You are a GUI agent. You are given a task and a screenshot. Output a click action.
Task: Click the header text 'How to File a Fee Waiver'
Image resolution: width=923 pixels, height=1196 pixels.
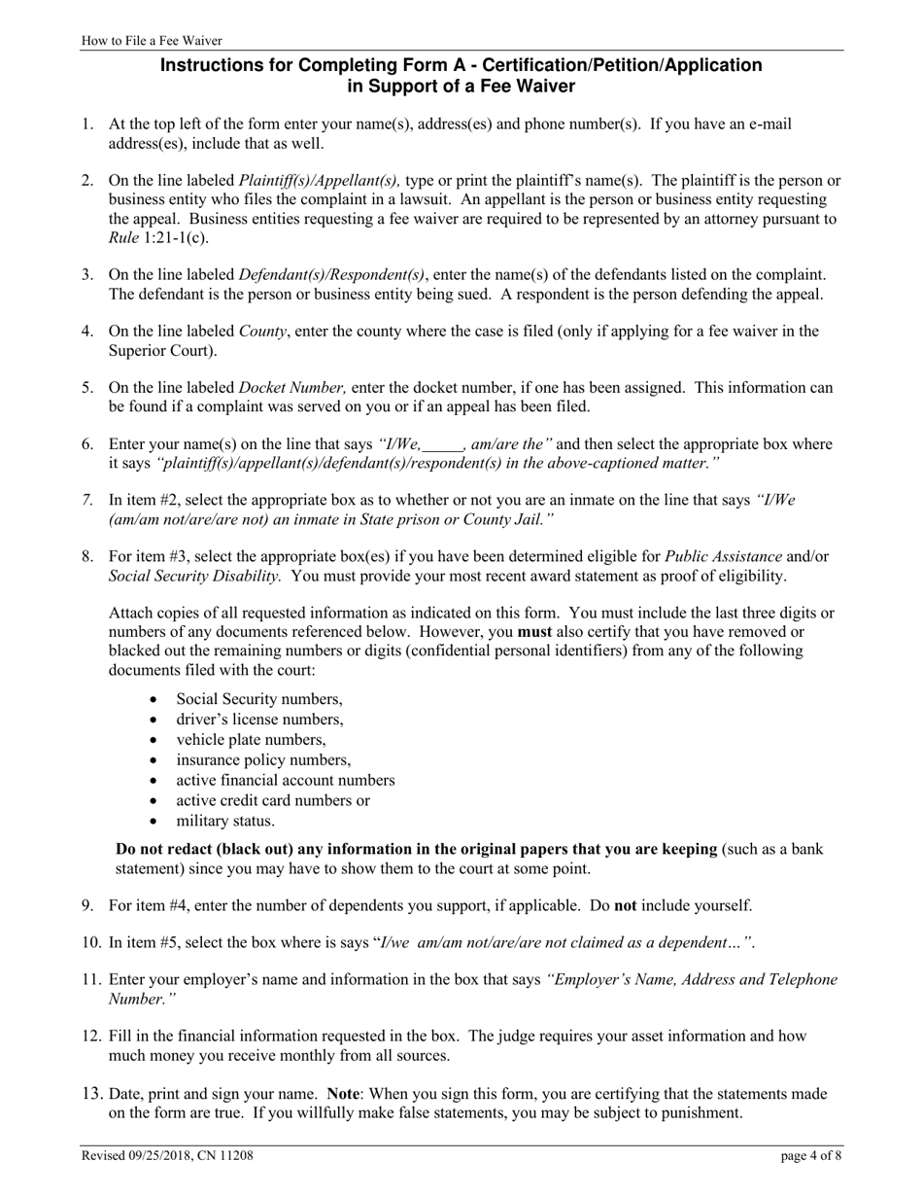point(152,41)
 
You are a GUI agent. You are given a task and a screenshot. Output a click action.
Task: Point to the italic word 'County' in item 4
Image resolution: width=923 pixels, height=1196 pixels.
point(262,332)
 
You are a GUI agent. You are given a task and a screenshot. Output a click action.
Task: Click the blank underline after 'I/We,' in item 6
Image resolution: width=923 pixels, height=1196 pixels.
point(444,445)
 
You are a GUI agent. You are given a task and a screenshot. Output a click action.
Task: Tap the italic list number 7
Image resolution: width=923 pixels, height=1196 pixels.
point(87,501)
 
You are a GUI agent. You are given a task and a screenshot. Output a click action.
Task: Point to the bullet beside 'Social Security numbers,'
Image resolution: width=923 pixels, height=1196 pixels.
point(154,699)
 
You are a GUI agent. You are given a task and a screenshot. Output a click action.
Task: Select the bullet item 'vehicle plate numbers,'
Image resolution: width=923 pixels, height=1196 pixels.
point(251,740)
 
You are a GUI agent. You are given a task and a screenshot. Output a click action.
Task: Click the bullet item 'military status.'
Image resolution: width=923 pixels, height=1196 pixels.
point(225,821)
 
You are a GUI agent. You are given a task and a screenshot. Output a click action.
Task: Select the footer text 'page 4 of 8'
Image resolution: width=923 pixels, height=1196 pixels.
point(811,1156)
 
